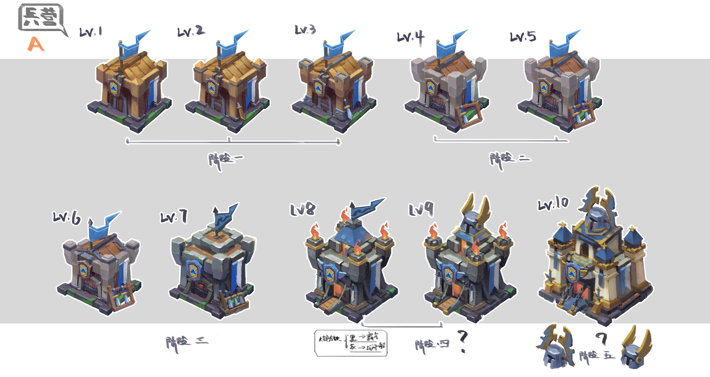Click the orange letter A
point(36,44)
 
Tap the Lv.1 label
point(91,32)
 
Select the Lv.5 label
point(523,37)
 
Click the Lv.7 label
point(174,216)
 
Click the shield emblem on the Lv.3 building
point(318,88)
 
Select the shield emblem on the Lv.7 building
point(193,270)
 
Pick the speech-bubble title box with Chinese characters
point(41,18)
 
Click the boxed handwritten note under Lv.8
point(351,343)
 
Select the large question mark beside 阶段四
point(463,341)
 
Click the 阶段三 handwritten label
point(187,343)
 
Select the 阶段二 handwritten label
point(510,159)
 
